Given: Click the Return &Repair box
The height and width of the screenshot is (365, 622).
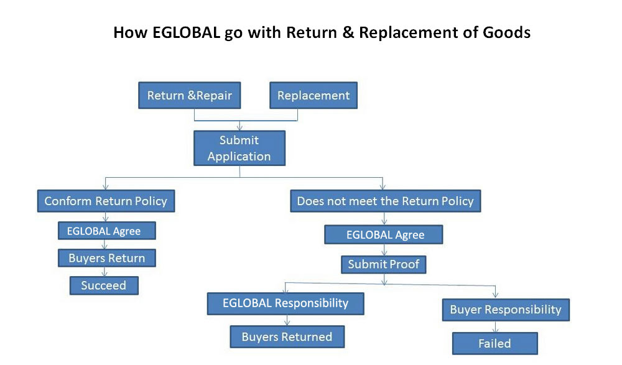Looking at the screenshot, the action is [x=190, y=95].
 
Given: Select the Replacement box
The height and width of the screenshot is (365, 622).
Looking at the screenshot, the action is [x=313, y=95].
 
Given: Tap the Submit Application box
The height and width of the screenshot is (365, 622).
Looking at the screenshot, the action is [x=239, y=148].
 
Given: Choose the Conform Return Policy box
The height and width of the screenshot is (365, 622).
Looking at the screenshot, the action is [x=106, y=201].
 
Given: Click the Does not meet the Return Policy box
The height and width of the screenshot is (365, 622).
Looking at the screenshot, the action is [x=386, y=201].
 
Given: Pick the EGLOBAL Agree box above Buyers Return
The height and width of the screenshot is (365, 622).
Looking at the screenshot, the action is [x=107, y=231].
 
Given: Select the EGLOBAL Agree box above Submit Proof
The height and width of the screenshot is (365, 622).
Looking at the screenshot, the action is [x=384, y=234].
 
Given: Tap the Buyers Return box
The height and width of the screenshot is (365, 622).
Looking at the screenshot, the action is [x=107, y=258].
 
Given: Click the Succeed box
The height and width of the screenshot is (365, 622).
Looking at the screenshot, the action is [x=104, y=285].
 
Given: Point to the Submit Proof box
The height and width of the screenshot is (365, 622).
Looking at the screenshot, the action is [x=384, y=264].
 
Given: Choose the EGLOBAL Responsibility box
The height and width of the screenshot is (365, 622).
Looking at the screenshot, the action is [x=285, y=303].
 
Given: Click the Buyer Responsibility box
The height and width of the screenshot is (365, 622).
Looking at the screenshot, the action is [x=506, y=310].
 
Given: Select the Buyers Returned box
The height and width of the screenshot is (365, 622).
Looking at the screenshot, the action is [x=287, y=337].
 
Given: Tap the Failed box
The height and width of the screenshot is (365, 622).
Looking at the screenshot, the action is [x=495, y=343].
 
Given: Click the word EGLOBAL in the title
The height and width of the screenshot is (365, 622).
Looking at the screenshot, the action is [x=186, y=32].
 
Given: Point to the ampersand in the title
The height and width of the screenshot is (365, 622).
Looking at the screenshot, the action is [x=348, y=32].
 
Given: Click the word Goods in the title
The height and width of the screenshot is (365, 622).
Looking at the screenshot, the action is [x=506, y=32].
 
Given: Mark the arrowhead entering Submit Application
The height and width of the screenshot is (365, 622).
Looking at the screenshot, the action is [x=239, y=127].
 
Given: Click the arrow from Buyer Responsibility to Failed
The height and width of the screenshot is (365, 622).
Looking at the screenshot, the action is [x=496, y=327].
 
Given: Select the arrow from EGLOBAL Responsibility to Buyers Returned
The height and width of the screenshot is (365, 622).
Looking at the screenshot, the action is [x=287, y=321].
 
